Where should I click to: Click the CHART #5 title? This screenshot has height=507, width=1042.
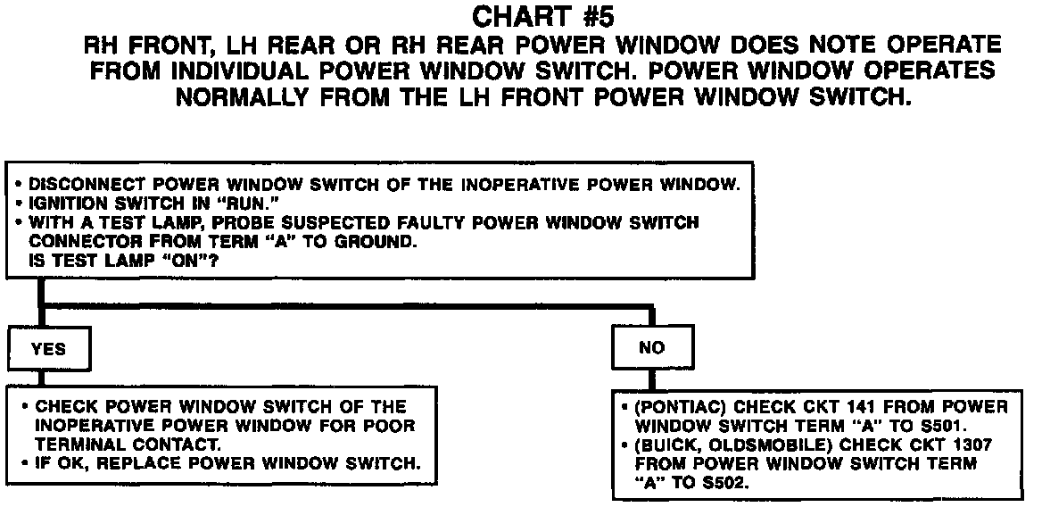point(542,16)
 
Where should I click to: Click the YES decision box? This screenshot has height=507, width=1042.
point(48,349)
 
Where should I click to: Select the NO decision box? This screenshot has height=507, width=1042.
point(652,347)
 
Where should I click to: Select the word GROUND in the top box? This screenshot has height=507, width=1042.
point(376,241)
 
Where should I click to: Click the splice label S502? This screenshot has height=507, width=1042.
point(728,482)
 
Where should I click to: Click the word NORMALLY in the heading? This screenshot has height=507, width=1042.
point(242,97)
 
